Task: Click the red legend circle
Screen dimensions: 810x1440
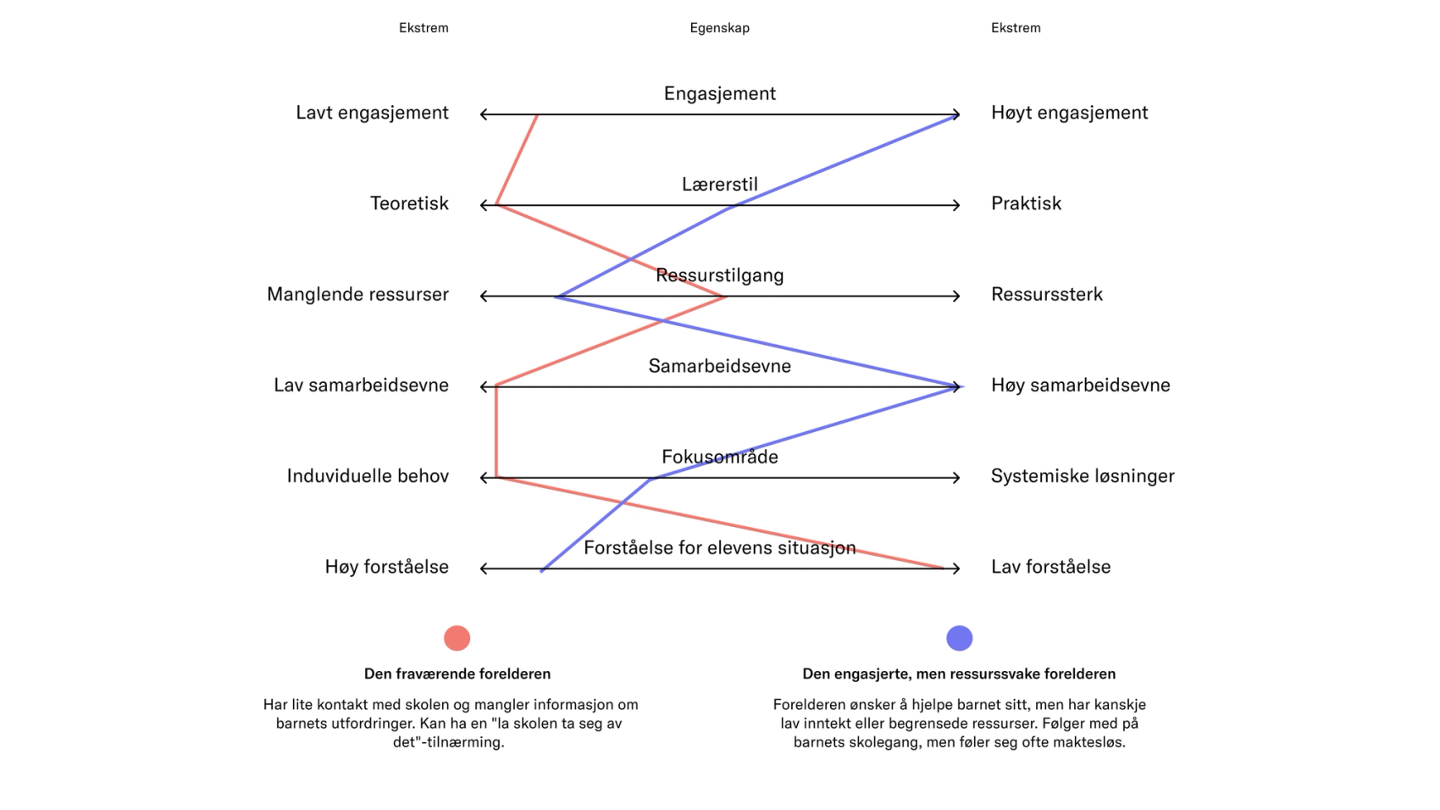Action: pos(457,638)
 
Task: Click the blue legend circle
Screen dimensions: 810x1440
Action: pos(959,638)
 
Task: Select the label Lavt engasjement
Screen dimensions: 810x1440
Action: pos(372,113)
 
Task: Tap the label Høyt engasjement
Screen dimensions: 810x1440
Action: pos(1069,113)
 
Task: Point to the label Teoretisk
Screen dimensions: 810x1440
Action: pos(409,203)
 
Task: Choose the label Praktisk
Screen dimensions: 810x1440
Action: pos(1026,203)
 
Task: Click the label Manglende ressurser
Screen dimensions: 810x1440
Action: pos(357,294)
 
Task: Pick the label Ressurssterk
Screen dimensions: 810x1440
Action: pos(1046,294)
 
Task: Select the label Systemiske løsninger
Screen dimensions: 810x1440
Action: pos(1083,476)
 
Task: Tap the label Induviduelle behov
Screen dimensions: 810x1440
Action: pos(368,476)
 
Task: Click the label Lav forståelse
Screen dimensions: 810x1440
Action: pos(1050,567)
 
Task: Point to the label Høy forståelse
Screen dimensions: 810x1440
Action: pos(386,567)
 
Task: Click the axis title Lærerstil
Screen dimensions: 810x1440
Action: pos(719,184)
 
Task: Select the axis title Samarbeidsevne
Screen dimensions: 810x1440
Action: pos(719,366)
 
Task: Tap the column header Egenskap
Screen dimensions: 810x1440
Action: pos(719,28)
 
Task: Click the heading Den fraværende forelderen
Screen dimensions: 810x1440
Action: pos(457,674)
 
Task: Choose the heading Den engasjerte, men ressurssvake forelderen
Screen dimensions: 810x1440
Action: pos(959,674)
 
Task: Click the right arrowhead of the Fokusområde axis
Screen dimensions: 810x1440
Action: pos(957,478)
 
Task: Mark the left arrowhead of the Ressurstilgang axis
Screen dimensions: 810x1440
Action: pos(483,297)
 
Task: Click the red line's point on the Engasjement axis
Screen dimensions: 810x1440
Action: pos(537,115)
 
